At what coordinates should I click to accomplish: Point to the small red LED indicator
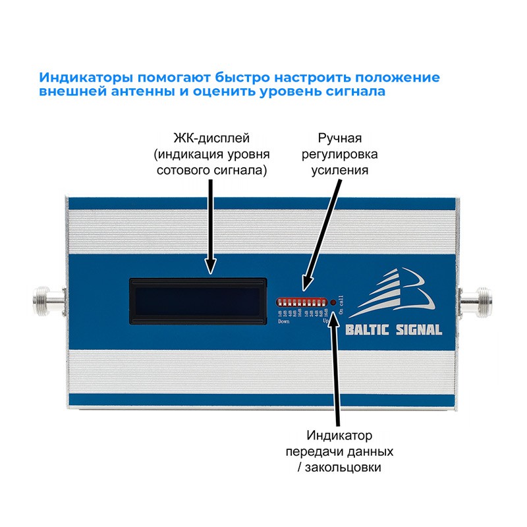tap(333, 302)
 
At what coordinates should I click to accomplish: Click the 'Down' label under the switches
tap(283, 322)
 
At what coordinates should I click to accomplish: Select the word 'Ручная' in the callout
tap(340, 138)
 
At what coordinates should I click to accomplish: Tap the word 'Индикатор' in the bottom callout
tap(340, 436)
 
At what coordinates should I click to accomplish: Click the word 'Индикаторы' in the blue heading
tap(82, 77)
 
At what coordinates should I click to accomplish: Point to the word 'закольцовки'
tap(347, 468)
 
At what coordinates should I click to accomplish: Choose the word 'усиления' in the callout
tap(340, 170)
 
